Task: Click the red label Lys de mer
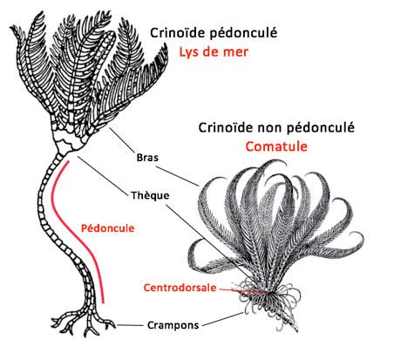point(214,52)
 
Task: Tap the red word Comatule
point(276,146)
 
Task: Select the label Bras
point(147,158)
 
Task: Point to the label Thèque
point(150,195)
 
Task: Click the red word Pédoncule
point(107,228)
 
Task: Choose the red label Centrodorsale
point(180,288)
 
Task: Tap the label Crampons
point(173,325)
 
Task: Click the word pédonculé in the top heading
point(242,33)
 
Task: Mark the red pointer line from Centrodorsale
point(241,290)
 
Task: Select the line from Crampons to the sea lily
point(130,325)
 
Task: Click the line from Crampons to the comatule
point(223,319)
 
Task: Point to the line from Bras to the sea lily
point(122,140)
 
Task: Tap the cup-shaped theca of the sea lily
point(69,138)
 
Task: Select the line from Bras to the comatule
point(178,176)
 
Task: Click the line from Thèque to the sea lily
point(103,175)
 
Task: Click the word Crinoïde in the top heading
point(178,33)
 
